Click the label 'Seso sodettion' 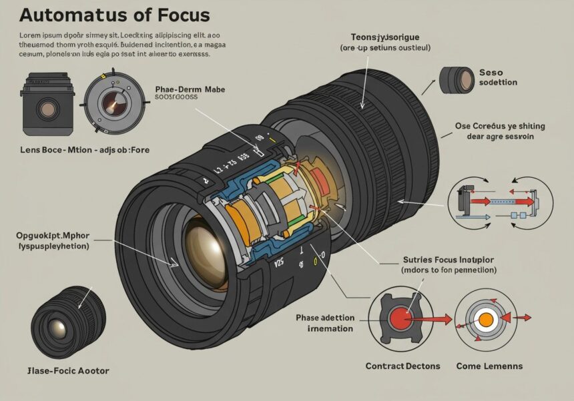coord(498,77)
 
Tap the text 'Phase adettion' coord(325,318)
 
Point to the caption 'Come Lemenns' coord(489,366)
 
